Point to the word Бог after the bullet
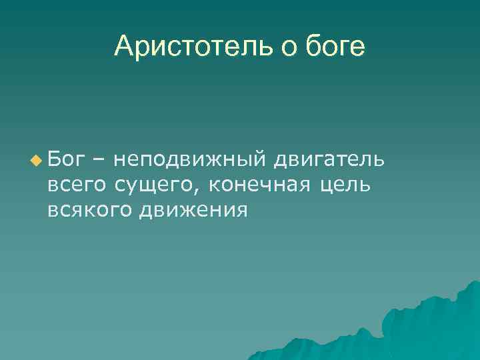(x=65, y=159)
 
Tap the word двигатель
(x=329, y=160)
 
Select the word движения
(x=193, y=210)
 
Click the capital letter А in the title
(x=123, y=46)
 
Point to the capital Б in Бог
(x=54, y=159)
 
